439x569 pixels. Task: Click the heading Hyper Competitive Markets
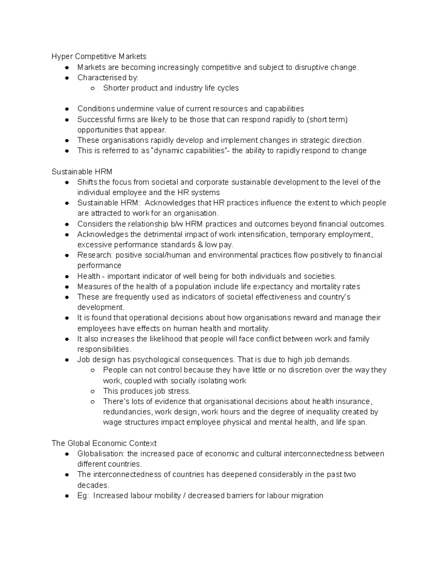point(99,56)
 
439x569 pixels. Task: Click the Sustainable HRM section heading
point(82,172)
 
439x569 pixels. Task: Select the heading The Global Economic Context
point(104,443)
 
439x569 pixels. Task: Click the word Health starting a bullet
point(89,276)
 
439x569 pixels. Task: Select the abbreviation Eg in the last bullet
point(82,496)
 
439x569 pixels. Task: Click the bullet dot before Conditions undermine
point(67,109)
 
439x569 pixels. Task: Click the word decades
point(93,485)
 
